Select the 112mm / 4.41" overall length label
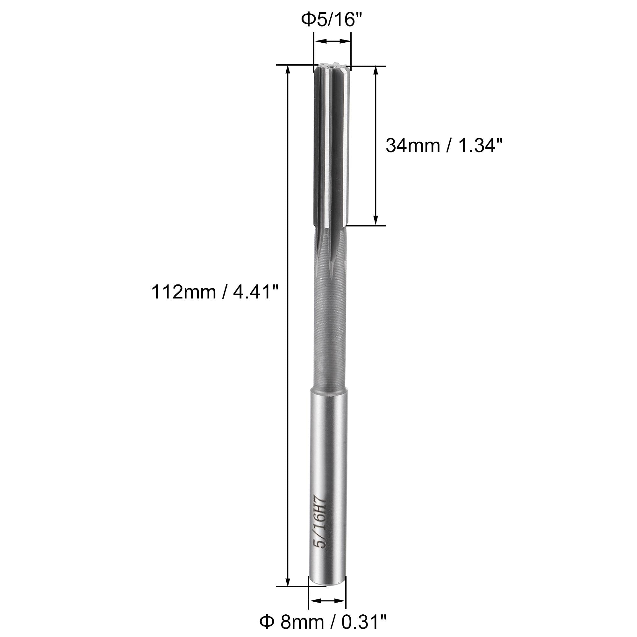(x=215, y=292)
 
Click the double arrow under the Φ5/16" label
(x=332, y=41)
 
